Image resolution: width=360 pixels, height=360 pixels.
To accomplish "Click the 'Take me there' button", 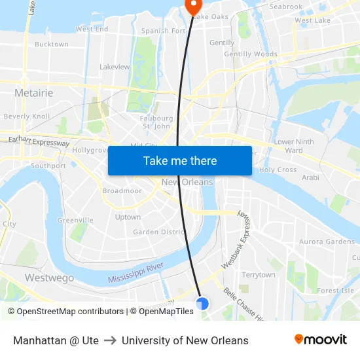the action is (x=179, y=161).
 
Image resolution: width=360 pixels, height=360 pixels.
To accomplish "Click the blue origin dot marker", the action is (x=202, y=304).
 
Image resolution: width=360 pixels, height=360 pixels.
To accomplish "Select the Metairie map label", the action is (x=33, y=93).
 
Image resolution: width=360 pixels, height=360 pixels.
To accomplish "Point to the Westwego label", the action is (x=49, y=278).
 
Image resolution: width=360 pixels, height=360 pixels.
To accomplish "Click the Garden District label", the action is (x=159, y=232).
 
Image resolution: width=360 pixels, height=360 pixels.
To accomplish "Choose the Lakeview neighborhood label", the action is (x=115, y=67).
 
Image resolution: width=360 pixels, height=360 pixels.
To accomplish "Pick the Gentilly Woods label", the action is (x=251, y=54).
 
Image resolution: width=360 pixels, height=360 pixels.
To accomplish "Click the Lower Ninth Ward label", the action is (x=294, y=146).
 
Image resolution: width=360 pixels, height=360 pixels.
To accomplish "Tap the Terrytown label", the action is (x=259, y=275).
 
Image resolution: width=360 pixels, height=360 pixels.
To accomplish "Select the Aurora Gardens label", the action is (x=327, y=242).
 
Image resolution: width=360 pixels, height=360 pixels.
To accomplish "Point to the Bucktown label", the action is (x=51, y=45).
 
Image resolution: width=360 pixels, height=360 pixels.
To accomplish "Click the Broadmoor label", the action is (x=122, y=191).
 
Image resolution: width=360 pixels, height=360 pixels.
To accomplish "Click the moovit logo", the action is (x=321, y=340).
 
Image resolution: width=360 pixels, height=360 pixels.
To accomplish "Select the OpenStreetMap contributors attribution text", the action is (x=65, y=312).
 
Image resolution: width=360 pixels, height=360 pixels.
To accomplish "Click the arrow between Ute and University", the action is (x=110, y=340).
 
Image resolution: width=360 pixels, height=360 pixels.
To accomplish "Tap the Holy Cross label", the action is (x=278, y=170).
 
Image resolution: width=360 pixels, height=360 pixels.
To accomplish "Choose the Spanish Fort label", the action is (x=164, y=31).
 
